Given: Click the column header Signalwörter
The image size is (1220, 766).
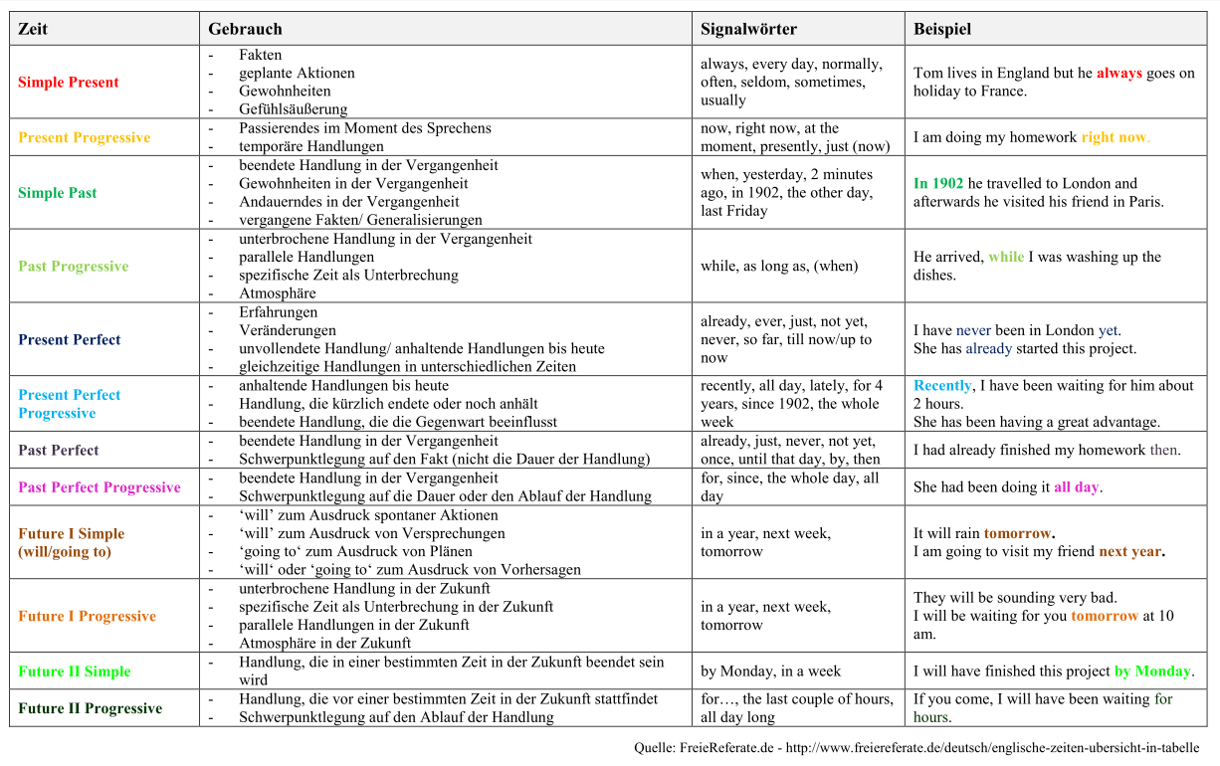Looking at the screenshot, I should pos(748,29).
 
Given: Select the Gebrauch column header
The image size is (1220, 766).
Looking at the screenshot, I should pos(245,29).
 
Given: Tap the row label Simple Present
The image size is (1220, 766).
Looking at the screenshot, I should pos(68,83).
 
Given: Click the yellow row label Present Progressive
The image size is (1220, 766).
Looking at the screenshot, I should pos(84,137).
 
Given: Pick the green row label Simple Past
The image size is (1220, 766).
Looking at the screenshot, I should pos(57,193).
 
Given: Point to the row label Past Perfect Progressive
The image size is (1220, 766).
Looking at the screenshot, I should pos(100,487).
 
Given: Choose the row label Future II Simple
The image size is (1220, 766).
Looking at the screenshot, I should pos(74,671).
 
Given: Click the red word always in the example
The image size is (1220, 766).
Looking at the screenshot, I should pos(1119,74).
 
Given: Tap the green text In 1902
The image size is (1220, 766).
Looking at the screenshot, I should pos(938,183).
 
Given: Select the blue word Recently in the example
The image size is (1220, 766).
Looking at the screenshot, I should pos(942,386).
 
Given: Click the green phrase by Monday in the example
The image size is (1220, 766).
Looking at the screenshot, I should pos(1152,671).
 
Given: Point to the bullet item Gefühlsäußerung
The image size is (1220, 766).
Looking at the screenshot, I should pos(293,109).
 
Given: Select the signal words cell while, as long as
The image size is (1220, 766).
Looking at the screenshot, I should pos(778,267).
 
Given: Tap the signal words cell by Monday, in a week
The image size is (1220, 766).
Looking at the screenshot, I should pos(770,671).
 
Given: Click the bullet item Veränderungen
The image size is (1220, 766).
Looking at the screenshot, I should pos(288,330).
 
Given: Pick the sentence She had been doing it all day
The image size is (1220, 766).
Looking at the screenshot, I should pos(1007,487).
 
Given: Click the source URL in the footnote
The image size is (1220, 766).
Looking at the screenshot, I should pos(992,748).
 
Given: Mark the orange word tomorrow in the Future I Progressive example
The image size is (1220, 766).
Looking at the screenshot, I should pos(1104,616).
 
